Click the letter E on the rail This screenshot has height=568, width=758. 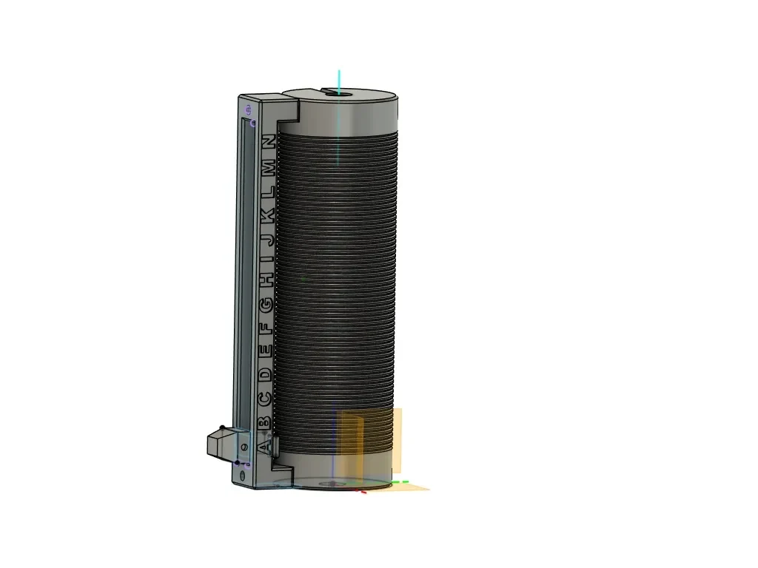coord(266,351)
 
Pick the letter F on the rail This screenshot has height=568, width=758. coord(266,328)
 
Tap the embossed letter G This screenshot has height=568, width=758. coord(266,304)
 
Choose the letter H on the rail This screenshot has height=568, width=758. coord(267,279)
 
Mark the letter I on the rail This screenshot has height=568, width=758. coord(268,259)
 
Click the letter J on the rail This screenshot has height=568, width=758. coord(268,239)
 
